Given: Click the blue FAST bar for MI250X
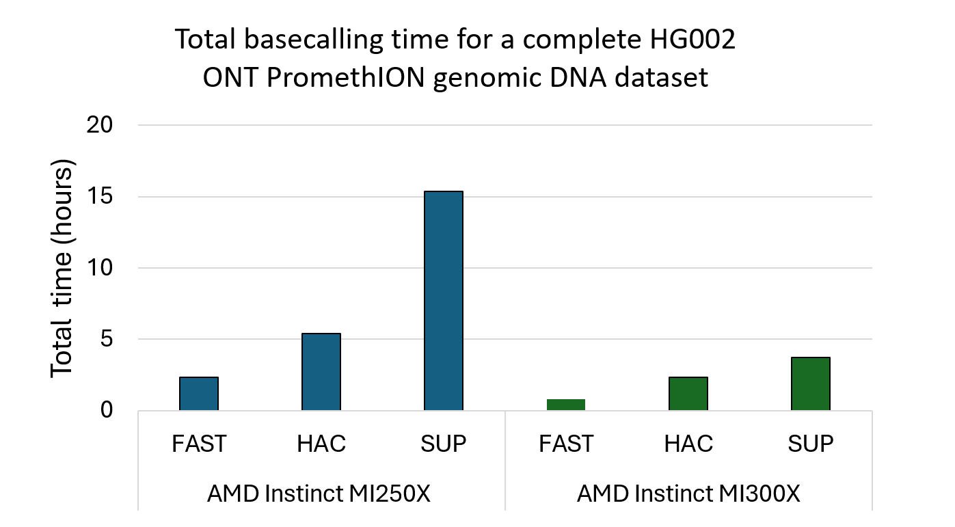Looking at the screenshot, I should [199, 394].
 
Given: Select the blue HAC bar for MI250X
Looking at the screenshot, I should [321, 372].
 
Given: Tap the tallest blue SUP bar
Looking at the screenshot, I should [443, 301].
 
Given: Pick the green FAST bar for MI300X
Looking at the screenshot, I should [565, 405].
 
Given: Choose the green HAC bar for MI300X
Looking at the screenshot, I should [688, 394].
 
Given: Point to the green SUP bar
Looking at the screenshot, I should [810, 383].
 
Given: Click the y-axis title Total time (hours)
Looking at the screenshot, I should [62, 268].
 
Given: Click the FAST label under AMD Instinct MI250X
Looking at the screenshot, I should [199, 444].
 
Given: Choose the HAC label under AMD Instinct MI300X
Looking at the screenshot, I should [688, 444].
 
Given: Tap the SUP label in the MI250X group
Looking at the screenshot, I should [443, 444].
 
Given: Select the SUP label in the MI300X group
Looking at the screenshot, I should [810, 444].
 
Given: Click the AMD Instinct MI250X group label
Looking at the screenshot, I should [319, 494].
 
